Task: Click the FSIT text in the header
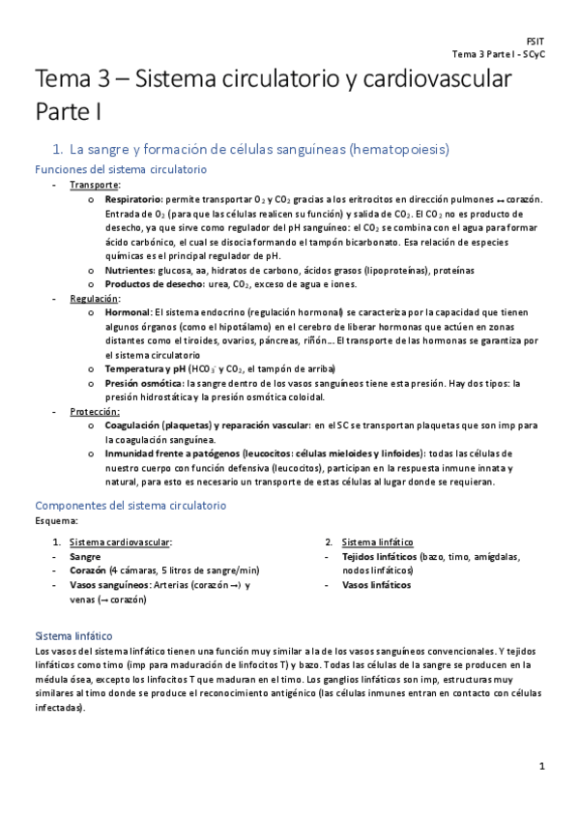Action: [x=535, y=41]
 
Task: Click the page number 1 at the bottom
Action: [x=542, y=766]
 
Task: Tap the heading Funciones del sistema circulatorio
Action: [x=121, y=169]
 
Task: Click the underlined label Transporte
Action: [x=95, y=185]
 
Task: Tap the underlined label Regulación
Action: [x=95, y=299]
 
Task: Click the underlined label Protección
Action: [x=95, y=411]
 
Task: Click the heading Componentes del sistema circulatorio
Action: [x=130, y=505]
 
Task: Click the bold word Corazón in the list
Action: [x=88, y=571]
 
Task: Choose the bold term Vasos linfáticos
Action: [x=377, y=584]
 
